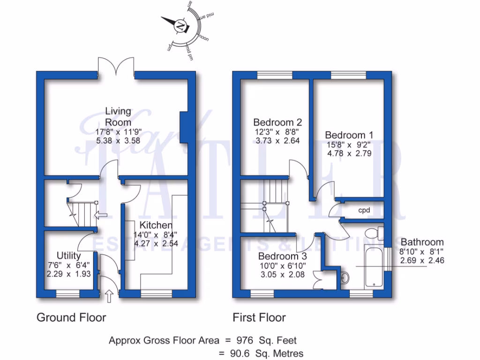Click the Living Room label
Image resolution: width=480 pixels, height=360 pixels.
click(x=118, y=117)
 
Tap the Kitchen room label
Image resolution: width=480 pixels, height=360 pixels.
click(x=156, y=225)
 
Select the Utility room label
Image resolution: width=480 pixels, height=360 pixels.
click(x=68, y=255)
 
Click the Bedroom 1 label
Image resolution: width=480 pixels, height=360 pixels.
click(x=349, y=135)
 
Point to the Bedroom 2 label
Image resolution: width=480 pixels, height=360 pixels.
click(x=277, y=122)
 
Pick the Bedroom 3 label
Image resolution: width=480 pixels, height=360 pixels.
click(x=282, y=256)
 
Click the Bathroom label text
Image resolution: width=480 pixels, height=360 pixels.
click(x=422, y=242)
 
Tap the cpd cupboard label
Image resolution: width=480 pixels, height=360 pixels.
click(x=364, y=210)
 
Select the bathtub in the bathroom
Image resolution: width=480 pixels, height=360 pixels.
click(x=374, y=266)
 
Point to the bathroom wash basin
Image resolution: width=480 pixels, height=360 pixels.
click(x=345, y=278)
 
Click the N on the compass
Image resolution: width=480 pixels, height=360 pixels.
click(x=180, y=26)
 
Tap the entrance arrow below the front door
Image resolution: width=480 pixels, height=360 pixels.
click(x=109, y=296)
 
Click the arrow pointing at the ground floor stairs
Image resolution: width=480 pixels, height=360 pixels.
click(x=101, y=215)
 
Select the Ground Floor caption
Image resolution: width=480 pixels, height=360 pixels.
click(x=71, y=317)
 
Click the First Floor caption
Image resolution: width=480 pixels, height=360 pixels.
click(x=259, y=317)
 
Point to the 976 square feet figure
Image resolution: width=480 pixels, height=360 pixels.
click(x=245, y=340)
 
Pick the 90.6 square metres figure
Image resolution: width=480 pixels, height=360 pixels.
click(x=240, y=353)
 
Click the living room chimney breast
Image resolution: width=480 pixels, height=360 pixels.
click(x=184, y=127)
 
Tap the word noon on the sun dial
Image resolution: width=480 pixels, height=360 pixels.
click(x=204, y=38)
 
